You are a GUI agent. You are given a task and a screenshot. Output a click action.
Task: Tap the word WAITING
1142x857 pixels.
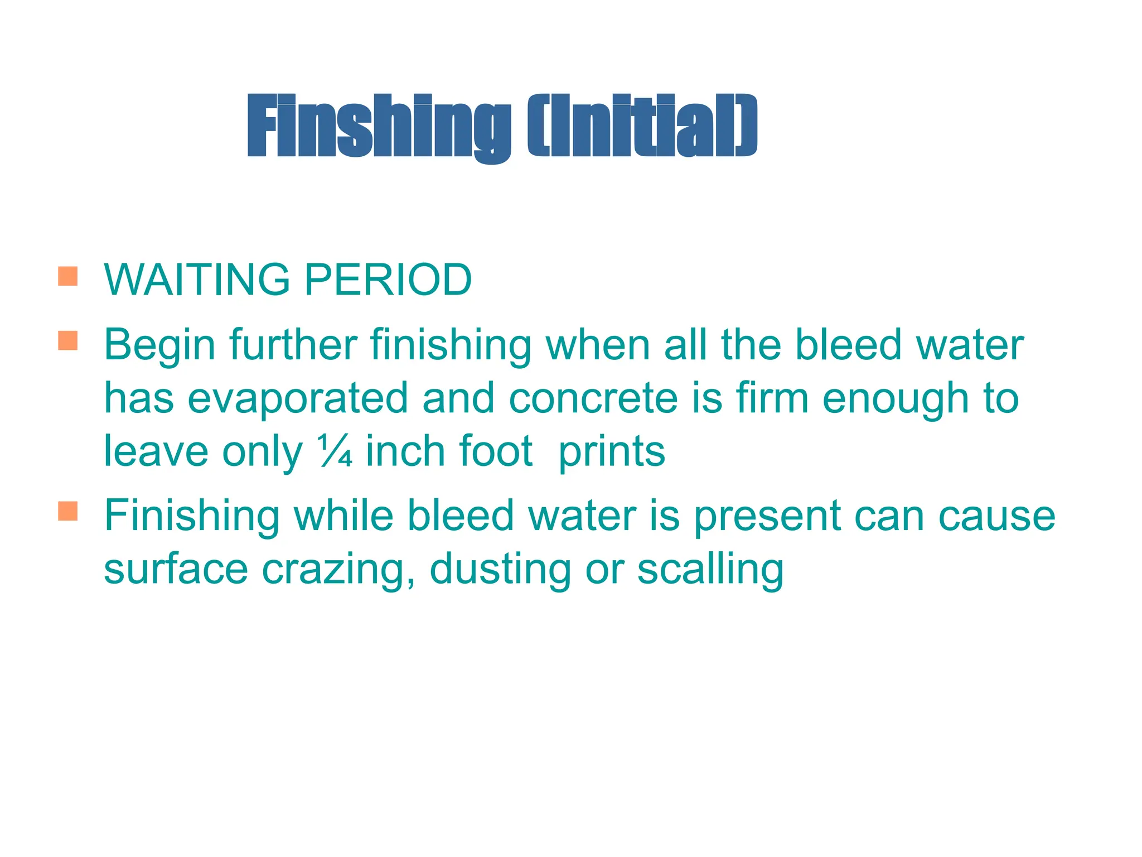[197, 280]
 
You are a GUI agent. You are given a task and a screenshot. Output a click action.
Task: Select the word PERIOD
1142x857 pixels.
[388, 280]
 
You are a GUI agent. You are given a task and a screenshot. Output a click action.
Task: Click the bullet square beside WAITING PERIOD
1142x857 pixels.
[67, 276]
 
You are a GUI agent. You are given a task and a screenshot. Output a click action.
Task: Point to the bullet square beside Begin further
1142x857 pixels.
[67, 340]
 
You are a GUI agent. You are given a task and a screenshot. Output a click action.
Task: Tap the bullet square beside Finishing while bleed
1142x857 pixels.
[67, 511]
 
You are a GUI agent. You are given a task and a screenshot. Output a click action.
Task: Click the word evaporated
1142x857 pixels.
[298, 398]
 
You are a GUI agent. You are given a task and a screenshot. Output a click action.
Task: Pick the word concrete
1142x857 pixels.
[593, 398]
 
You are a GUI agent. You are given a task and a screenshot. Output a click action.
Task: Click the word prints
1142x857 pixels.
[612, 452]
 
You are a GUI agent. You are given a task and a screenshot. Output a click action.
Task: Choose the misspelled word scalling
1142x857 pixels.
[710, 570]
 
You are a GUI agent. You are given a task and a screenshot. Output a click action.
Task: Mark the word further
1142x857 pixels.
[293, 345]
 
